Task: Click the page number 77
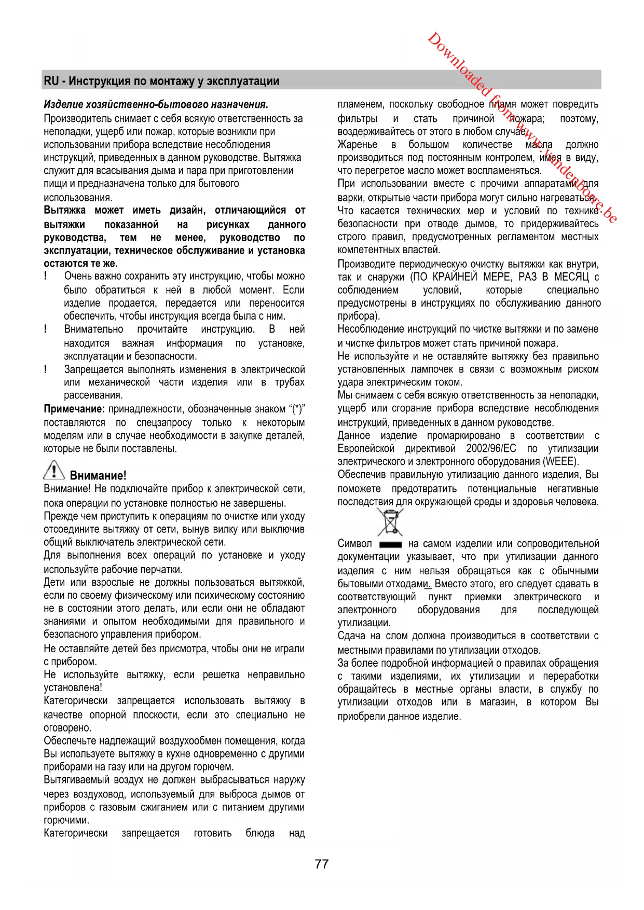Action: pos(321,864)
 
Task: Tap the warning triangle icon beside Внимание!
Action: pos(54,470)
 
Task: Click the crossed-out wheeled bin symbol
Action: pos(390,522)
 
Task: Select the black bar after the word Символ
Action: pos(390,545)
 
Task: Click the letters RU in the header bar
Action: pos(51,81)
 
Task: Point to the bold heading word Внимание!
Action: pos(98,475)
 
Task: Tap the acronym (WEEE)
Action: pos(561,461)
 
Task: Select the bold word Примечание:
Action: pos(74,409)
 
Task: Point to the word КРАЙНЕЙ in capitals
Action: pos(455,277)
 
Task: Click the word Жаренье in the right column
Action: pos(358,144)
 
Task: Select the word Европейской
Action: pos(366,448)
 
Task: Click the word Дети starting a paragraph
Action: pos(56,582)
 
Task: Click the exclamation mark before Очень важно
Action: pos(46,276)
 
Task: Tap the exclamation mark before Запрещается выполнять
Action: pos(46,369)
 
